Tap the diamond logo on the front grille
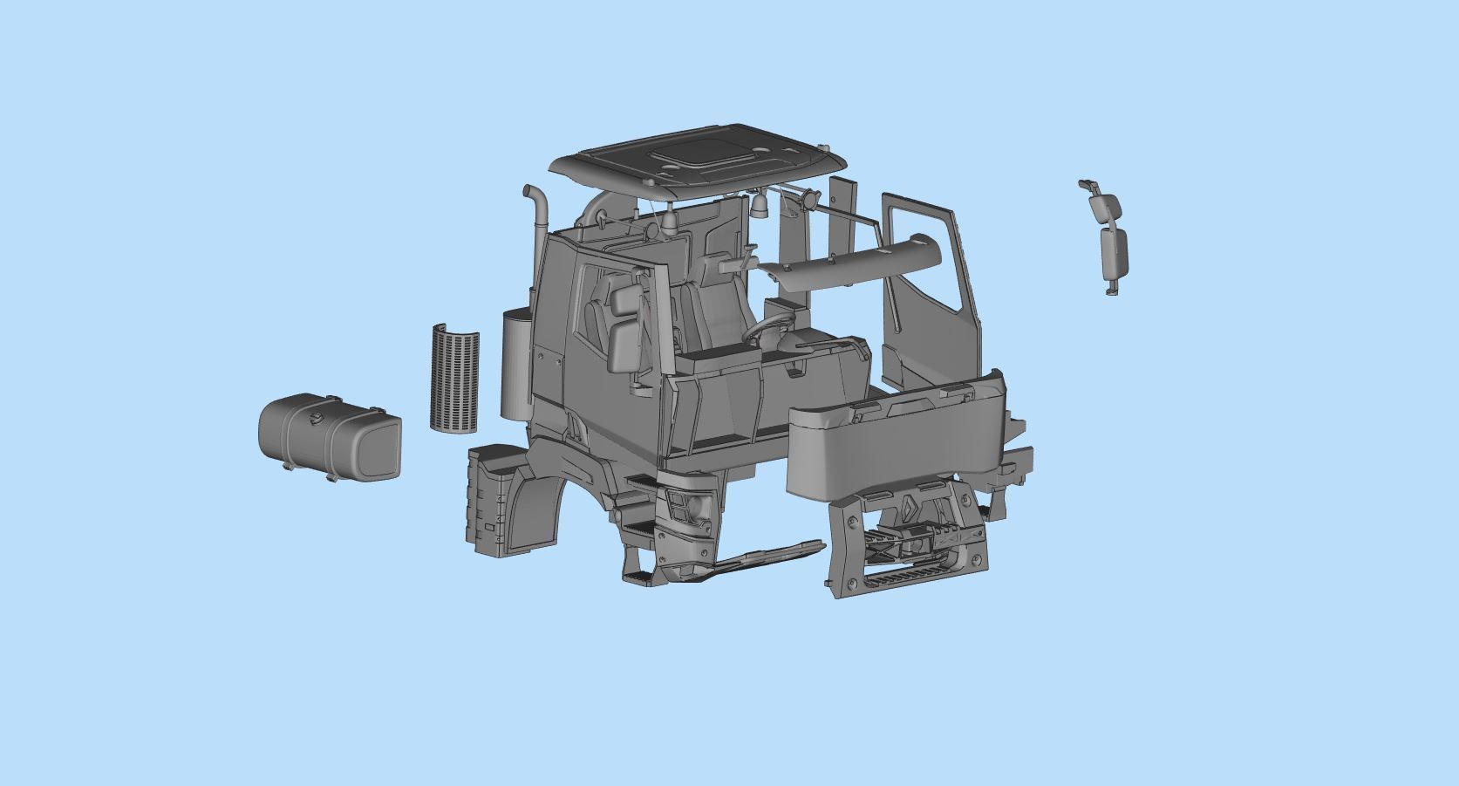point(909,509)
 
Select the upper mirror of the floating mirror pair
point(1105,206)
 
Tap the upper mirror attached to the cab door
point(626,300)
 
